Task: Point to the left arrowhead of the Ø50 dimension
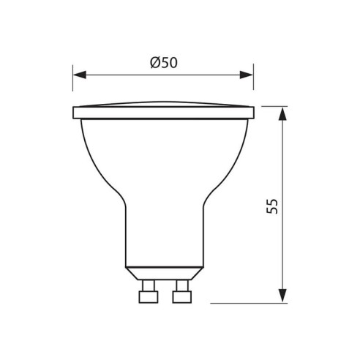[x=79, y=74]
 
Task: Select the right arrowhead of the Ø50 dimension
[x=247, y=74]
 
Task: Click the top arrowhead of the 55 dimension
[x=282, y=112]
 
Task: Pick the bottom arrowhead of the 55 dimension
[x=282, y=296]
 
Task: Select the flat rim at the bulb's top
[x=164, y=113]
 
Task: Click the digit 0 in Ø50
[x=173, y=63]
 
